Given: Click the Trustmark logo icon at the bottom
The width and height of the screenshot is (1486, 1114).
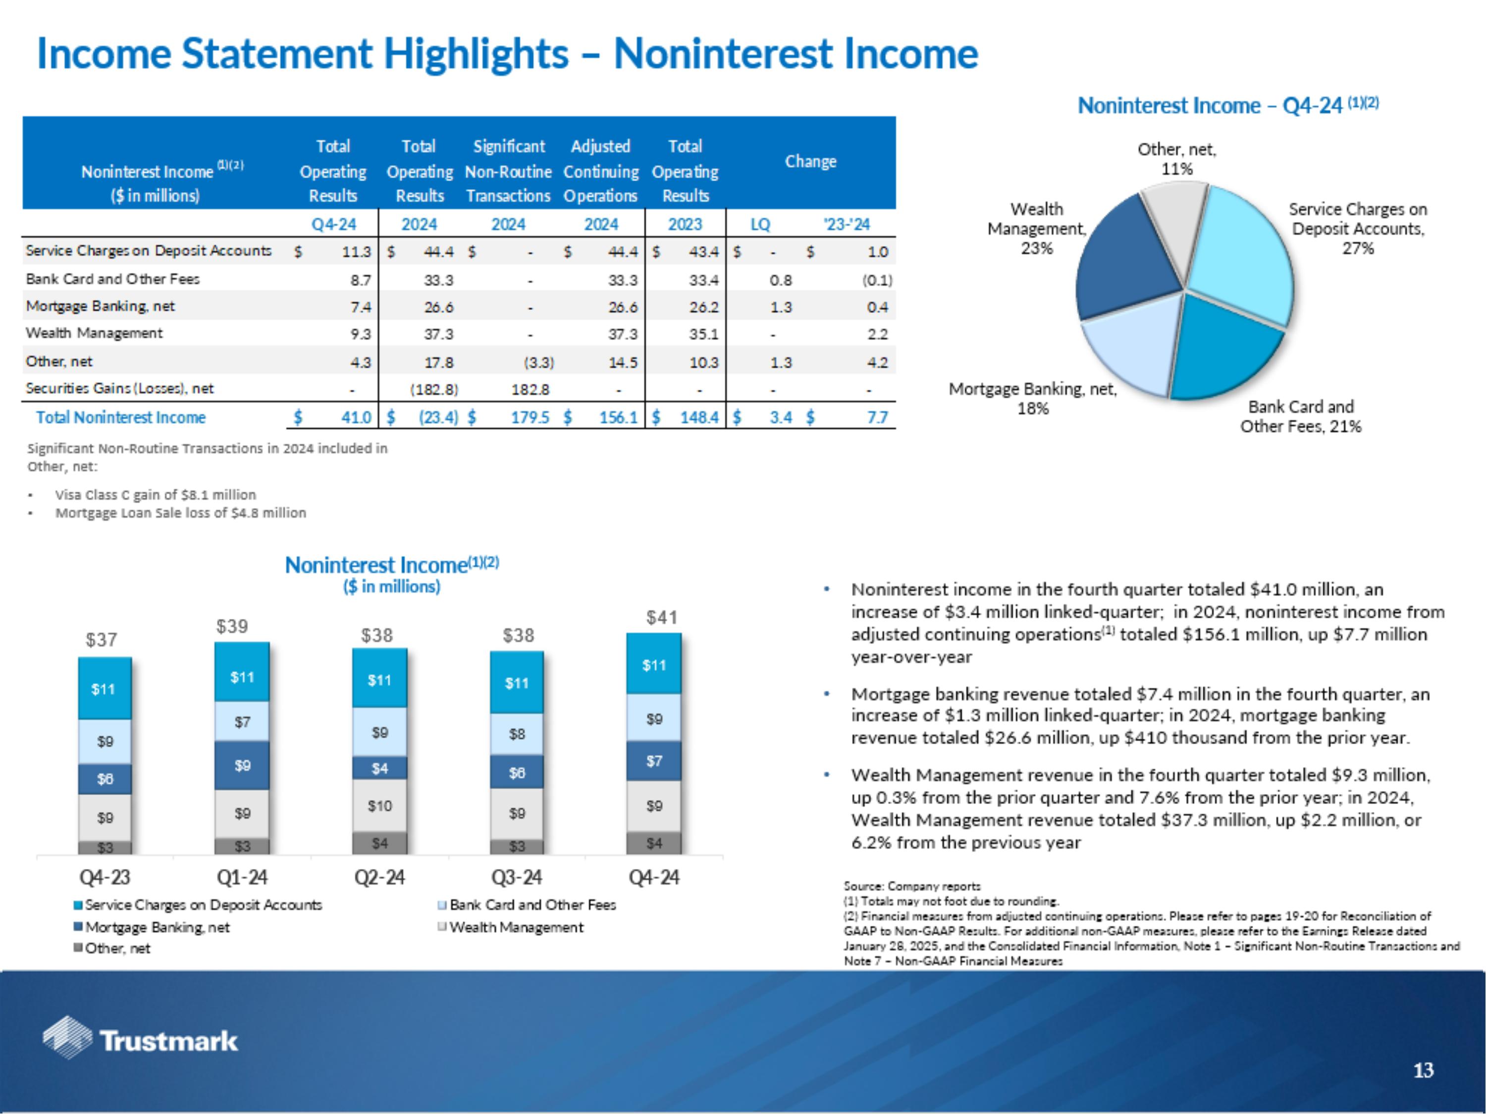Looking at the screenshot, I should point(67,1037).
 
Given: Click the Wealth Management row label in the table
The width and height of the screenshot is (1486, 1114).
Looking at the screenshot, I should point(94,334).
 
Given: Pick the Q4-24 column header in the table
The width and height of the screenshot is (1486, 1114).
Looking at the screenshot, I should point(333,224).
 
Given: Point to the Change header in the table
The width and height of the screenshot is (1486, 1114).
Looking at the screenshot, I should point(810,162).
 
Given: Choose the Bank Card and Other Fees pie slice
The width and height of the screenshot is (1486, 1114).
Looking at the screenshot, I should point(1222,349).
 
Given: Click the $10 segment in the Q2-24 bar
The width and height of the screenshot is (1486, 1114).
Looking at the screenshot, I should point(379,806).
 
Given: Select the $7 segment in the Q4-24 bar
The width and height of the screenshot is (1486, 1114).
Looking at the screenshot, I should point(654,761).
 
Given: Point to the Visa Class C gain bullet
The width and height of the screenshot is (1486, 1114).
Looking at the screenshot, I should point(155,495).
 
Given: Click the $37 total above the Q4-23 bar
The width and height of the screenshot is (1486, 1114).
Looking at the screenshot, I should point(102,640).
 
